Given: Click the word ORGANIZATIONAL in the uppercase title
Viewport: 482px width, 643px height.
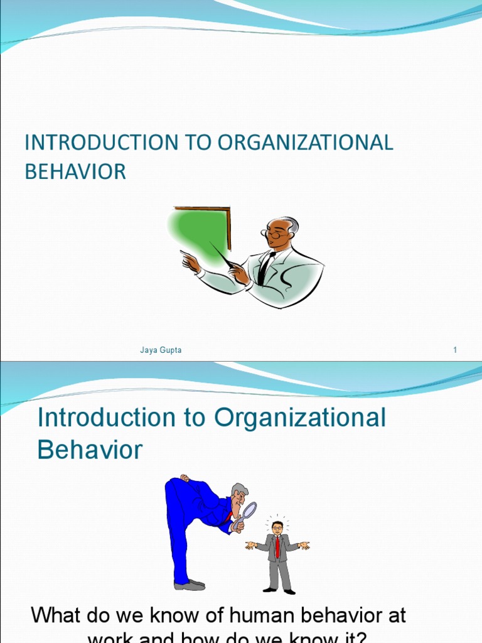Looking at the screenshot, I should [306, 143].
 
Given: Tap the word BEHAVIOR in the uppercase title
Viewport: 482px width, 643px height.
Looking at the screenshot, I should [75, 171].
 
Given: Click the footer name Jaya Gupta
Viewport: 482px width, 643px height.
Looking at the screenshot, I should [161, 350].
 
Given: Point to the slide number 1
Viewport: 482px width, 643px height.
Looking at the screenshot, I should [455, 350].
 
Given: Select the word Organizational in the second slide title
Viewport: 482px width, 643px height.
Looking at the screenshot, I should [300, 418].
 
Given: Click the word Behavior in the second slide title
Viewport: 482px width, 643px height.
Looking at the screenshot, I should [90, 450].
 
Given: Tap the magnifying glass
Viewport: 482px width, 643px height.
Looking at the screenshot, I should [248, 510].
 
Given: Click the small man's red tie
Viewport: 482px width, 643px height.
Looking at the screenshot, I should [277, 546].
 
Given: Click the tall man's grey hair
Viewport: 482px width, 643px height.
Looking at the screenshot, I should [239, 489].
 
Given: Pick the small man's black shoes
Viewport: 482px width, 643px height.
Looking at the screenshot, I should [279, 590].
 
